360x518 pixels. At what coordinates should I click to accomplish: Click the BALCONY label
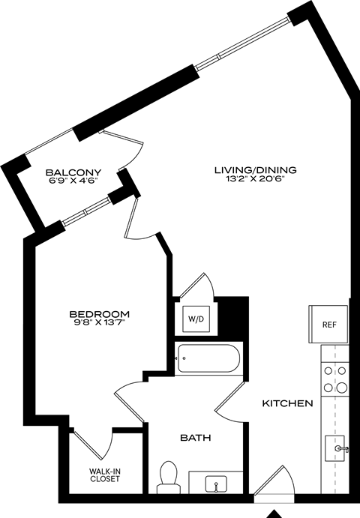tap(73, 169)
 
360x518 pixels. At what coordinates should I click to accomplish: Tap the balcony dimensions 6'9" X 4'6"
tap(73, 180)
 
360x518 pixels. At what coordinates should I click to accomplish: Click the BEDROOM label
tap(100, 313)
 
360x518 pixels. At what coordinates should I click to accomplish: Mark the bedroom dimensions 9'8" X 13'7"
tap(100, 325)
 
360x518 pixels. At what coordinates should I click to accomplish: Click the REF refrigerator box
tap(329, 325)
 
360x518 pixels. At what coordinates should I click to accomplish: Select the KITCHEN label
tap(287, 404)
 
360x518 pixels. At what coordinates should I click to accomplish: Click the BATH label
tap(194, 437)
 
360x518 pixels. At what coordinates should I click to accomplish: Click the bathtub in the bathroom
tap(208, 361)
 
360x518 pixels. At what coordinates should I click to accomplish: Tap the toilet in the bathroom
tap(168, 478)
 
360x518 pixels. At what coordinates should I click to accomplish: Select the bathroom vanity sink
tap(216, 484)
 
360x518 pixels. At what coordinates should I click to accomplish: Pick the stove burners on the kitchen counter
tap(334, 379)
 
